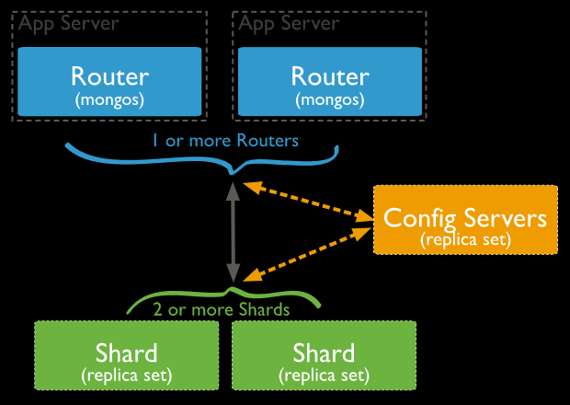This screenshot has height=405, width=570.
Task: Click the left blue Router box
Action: [109, 82]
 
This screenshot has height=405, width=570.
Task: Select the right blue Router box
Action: [330, 82]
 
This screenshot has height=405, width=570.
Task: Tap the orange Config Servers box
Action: [465, 220]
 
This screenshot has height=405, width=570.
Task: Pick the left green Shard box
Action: [127, 355]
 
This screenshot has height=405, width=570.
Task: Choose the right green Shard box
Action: [324, 355]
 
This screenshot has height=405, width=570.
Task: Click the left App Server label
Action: [68, 23]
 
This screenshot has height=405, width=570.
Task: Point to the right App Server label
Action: [289, 23]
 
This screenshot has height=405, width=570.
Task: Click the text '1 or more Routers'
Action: [225, 141]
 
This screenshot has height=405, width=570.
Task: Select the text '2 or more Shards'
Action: [222, 309]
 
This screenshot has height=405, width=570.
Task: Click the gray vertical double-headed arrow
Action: [233, 232]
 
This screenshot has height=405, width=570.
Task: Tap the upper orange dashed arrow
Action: [308, 202]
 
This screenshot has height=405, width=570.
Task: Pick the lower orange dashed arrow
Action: [308, 254]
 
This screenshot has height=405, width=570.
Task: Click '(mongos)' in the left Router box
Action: [109, 99]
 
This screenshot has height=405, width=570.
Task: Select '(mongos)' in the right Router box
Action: [330, 99]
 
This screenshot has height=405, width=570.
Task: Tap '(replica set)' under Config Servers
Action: [466, 240]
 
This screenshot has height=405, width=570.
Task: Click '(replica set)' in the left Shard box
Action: [127, 376]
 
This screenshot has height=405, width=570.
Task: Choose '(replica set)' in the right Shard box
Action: [324, 376]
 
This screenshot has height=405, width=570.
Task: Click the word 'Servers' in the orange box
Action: [506, 218]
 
